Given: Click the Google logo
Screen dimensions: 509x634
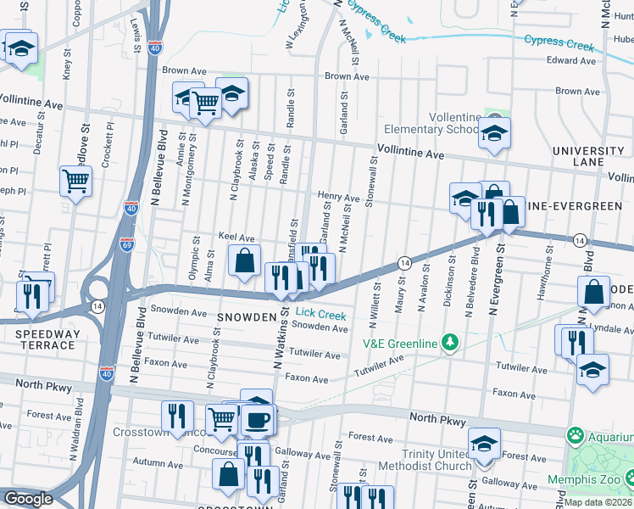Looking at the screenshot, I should pyautogui.click(x=28, y=499).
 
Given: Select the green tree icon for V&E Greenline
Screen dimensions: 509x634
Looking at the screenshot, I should pyautogui.click(x=451, y=343).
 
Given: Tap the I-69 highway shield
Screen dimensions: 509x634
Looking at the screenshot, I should pyautogui.click(x=126, y=244).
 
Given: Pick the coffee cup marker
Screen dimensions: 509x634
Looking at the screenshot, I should pyautogui.click(x=259, y=420).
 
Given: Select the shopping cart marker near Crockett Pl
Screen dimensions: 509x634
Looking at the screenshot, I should pyautogui.click(x=76, y=181).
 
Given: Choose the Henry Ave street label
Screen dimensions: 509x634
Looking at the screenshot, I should pyautogui.click(x=338, y=197).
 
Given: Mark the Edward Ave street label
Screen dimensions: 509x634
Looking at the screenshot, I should pyautogui.click(x=570, y=61).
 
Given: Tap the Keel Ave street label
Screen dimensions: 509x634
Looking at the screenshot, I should pyautogui.click(x=236, y=238).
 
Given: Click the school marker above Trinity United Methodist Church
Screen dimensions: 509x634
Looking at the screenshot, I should pyautogui.click(x=484, y=444).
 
